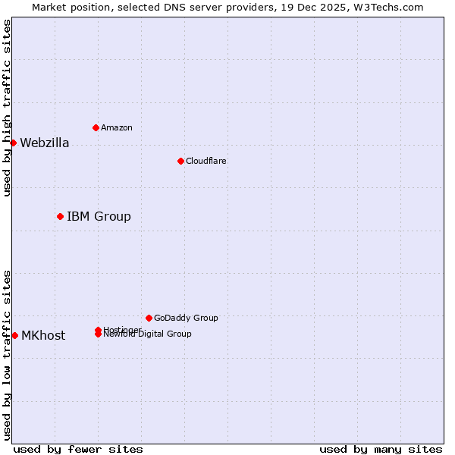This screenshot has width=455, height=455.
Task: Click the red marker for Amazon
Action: (x=96, y=127)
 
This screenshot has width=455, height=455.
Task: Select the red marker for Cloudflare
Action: (x=180, y=161)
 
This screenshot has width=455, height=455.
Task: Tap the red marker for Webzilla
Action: (x=13, y=143)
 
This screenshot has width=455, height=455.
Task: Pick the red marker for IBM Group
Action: (x=60, y=216)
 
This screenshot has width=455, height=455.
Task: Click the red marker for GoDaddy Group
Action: (x=149, y=318)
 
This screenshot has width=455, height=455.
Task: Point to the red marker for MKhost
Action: (x=14, y=335)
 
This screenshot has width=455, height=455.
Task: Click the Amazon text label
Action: (x=116, y=127)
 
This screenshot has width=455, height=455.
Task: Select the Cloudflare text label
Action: (x=206, y=161)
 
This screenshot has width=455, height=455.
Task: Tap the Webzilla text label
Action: (x=44, y=143)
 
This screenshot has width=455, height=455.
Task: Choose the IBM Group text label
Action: (x=99, y=217)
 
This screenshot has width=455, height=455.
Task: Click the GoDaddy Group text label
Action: (x=186, y=318)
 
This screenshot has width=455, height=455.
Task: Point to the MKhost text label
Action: (x=42, y=336)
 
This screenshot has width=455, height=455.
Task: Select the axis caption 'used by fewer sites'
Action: (x=78, y=449)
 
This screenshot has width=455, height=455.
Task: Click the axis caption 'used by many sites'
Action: (x=381, y=449)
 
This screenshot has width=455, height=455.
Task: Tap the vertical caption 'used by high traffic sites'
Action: (x=7, y=108)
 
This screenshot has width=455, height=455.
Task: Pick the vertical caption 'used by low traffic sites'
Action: (x=7, y=354)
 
